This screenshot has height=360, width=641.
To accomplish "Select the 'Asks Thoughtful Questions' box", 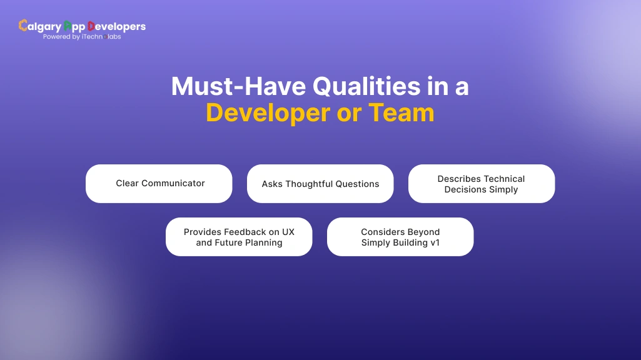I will tap(320, 184).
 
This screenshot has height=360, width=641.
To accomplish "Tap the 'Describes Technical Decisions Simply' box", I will tap(482, 184).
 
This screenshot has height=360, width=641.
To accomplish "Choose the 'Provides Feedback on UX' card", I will tap(239, 237).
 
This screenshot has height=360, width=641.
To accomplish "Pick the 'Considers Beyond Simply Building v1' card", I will tap(400, 237).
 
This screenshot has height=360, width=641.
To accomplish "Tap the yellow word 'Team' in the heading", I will tap(401, 113).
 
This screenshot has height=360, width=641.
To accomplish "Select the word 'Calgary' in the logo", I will tap(41, 26).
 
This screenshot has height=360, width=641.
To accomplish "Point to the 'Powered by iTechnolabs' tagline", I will tap(82, 37).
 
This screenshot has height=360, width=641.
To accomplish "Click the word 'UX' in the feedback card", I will tap(288, 232).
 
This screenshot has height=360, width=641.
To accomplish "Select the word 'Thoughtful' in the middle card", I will tap(311, 184).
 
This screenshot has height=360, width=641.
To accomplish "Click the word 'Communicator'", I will tap(173, 183).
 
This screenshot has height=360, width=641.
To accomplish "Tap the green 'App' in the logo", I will tap(74, 26).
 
